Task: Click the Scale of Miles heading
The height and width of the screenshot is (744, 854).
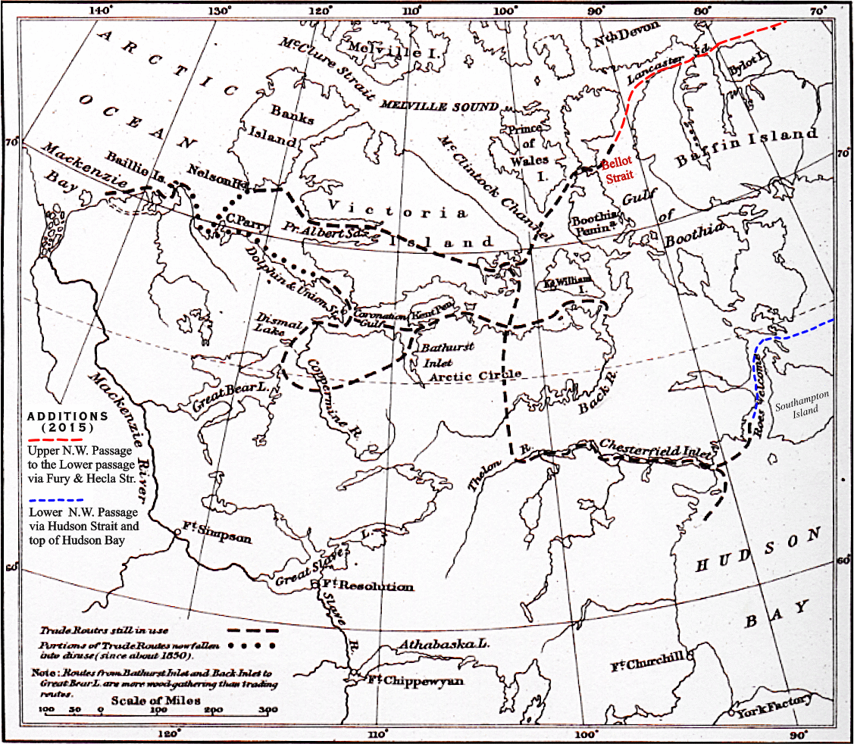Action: point(155,701)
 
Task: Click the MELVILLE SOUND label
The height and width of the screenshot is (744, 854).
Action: point(440,105)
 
